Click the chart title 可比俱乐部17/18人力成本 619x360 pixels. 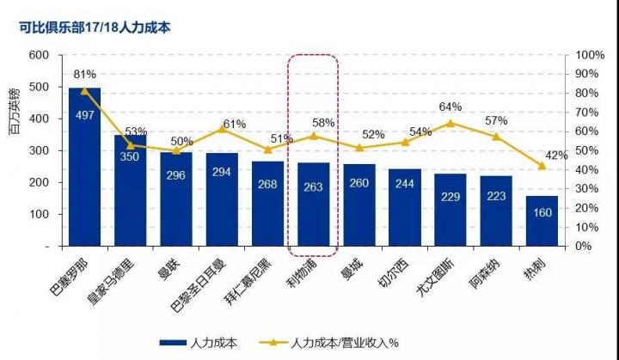coord(95,27)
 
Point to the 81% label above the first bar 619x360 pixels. coord(84,74)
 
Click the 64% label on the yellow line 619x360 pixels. coord(450,107)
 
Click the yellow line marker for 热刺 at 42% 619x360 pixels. coord(542,165)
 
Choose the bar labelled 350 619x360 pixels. coord(130,189)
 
